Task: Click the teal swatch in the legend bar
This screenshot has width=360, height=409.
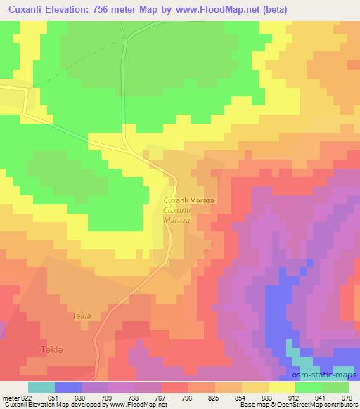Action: point(41,387)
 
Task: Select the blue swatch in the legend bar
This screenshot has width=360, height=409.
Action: point(68,387)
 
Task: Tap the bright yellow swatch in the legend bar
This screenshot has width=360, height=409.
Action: point(281,387)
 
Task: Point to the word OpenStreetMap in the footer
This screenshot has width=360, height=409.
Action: point(304,405)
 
